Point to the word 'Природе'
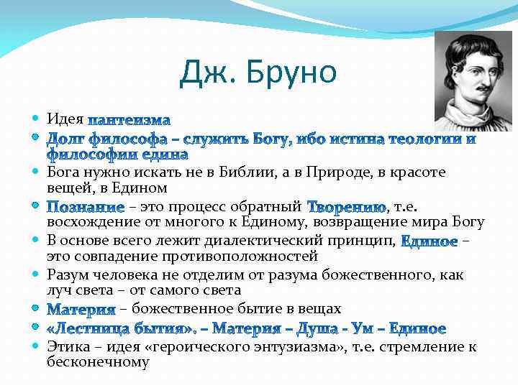[x=337, y=172]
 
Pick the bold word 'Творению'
[x=346, y=207]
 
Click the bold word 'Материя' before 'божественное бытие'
[x=81, y=310]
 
